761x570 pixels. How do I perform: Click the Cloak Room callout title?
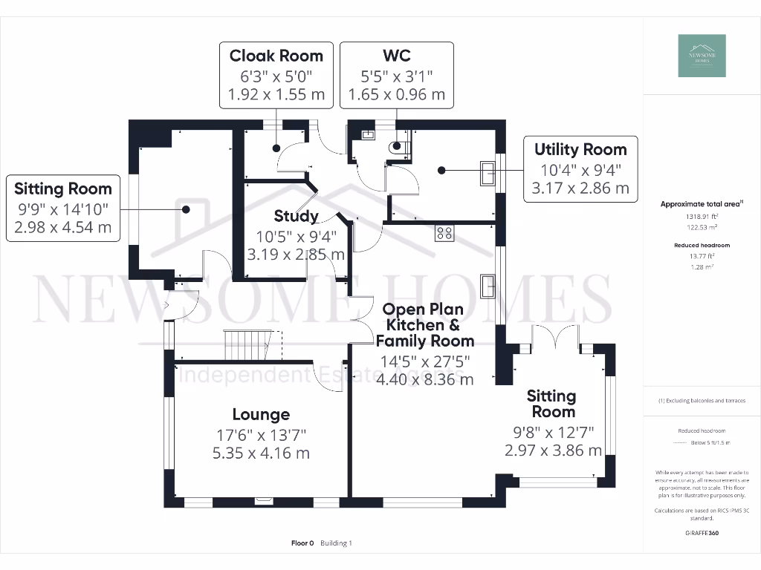[x=276, y=56]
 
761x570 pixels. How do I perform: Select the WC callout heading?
[x=396, y=56]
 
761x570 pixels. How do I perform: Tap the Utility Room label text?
[x=580, y=149]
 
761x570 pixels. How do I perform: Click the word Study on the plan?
[x=296, y=216]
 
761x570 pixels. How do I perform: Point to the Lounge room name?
[x=260, y=414]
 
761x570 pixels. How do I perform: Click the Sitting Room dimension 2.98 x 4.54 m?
[x=62, y=227]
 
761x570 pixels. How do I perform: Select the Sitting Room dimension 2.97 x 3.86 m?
[x=553, y=451]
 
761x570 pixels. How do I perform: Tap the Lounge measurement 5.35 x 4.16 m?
[x=260, y=453]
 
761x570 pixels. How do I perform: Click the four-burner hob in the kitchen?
[x=444, y=233]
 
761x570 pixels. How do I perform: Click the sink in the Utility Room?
[x=488, y=172]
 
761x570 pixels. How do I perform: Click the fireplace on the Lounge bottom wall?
[x=262, y=501]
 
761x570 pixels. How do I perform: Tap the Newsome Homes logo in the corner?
[x=702, y=56]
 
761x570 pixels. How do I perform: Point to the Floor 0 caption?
[x=303, y=543]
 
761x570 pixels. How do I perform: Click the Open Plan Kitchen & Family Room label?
[x=424, y=325]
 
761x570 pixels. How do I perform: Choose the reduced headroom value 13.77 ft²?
[x=702, y=255]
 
